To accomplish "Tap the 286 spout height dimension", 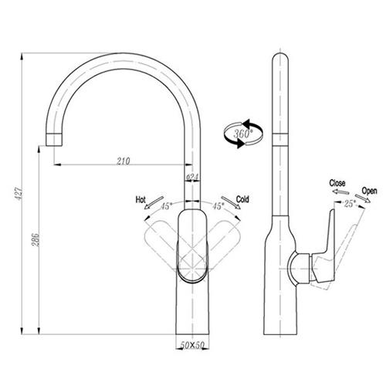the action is (x=36, y=240).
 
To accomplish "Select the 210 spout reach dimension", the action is (x=124, y=161).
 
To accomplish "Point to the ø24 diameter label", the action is (x=192, y=177).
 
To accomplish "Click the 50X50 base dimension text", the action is (x=192, y=345).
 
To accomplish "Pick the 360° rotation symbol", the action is (x=243, y=134).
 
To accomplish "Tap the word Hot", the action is (x=141, y=200).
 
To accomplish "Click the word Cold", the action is (x=242, y=199).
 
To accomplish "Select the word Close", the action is (x=337, y=183).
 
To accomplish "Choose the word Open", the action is (x=370, y=191).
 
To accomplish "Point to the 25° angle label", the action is (x=350, y=204).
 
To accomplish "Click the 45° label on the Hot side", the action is (x=167, y=206).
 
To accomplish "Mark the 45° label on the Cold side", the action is (x=218, y=206).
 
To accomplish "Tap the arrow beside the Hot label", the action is (x=154, y=203).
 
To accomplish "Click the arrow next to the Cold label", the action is (x=231, y=203).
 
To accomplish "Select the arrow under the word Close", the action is (x=340, y=191).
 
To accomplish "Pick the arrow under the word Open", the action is (x=363, y=198).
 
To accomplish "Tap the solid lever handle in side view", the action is (x=324, y=253).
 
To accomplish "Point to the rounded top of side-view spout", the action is (x=280, y=56).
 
